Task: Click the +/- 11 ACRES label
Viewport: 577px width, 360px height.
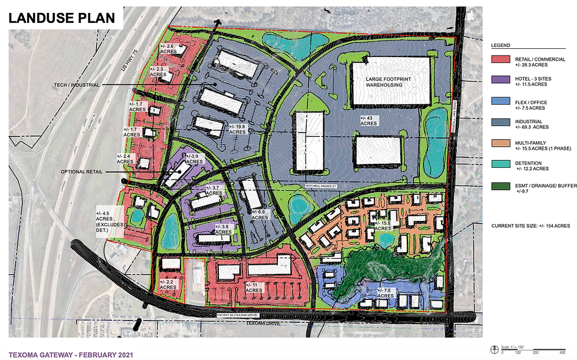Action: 254,288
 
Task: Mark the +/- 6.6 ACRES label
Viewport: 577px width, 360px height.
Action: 260,214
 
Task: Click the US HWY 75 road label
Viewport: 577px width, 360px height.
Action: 130,61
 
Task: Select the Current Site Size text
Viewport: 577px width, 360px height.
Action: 530,226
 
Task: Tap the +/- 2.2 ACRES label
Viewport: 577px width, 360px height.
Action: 167,285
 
